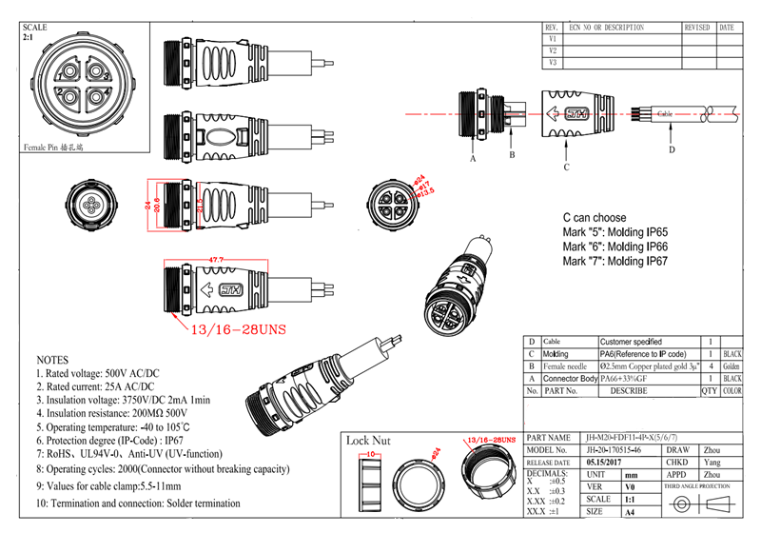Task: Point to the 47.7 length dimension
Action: pyautogui.click(x=216, y=259)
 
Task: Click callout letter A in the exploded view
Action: pyautogui.click(x=472, y=159)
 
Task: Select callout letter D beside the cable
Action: pyautogui.click(x=671, y=149)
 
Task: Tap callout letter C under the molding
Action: pyautogui.click(x=566, y=168)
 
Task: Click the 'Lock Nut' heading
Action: pyautogui.click(x=368, y=441)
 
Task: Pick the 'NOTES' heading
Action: pyautogui.click(x=52, y=362)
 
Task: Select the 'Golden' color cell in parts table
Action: pyautogui.click(x=732, y=365)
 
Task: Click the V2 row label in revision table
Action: pyautogui.click(x=553, y=49)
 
